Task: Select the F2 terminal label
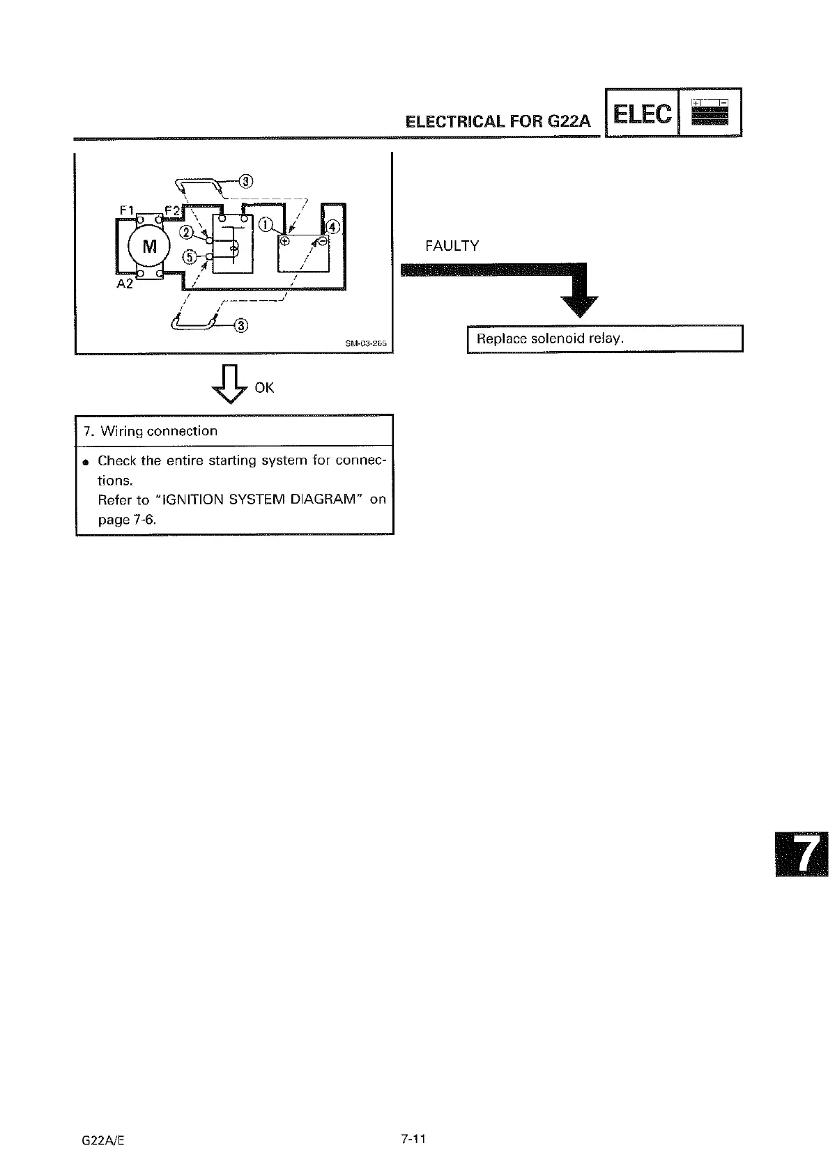pyautogui.click(x=171, y=209)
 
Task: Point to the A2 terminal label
pyautogui.click(x=125, y=283)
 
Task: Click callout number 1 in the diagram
pyautogui.click(x=266, y=224)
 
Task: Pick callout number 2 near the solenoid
pyautogui.click(x=187, y=232)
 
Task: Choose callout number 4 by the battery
pyautogui.click(x=333, y=228)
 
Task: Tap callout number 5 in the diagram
pyautogui.click(x=188, y=257)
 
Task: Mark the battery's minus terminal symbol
pyautogui.click(x=323, y=241)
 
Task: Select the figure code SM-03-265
pyautogui.click(x=366, y=343)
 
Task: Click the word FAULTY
pyautogui.click(x=452, y=246)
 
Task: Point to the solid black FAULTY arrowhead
pyautogui.click(x=579, y=305)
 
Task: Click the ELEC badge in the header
pyautogui.click(x=642, y=113)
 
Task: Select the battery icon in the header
pyautogui.click(x=710, y=113)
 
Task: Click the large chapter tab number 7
pyautogui.click(x=803, y=854)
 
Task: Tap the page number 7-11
pyautogui.click(x=413, y=1139)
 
